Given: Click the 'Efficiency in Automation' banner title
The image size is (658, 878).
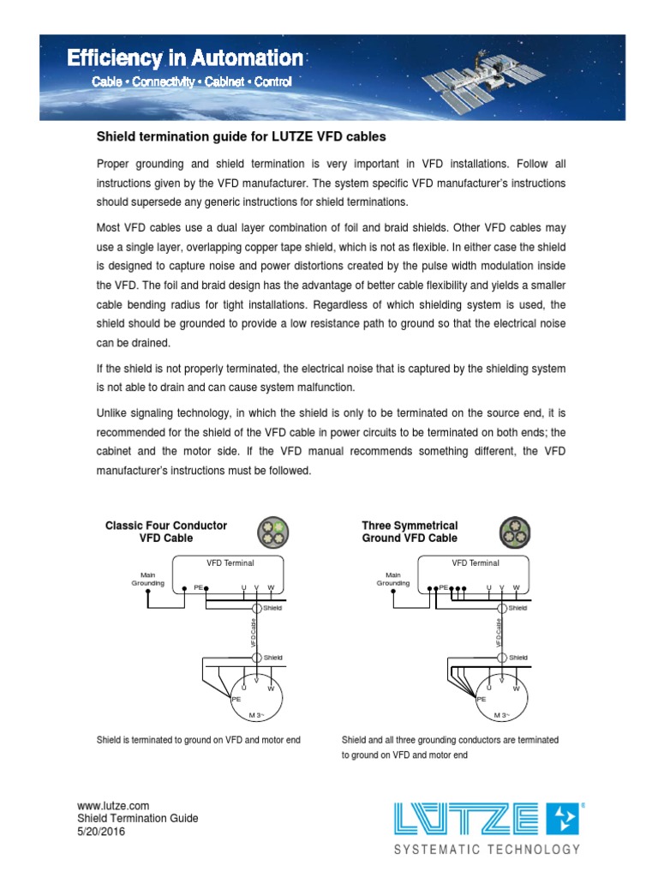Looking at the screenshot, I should pos(185,58).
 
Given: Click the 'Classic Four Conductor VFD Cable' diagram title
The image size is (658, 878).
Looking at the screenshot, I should pos(166,532).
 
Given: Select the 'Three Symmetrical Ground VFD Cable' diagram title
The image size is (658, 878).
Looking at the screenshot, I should pos(410,532).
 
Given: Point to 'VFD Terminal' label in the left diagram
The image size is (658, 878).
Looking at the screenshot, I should pos(230,563).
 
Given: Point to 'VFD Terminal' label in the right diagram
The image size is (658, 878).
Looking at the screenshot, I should pos(476,563).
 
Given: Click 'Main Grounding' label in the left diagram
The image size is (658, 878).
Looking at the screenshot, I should pos(147,579).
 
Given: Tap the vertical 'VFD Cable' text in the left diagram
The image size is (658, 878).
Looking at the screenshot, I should pos(254,632).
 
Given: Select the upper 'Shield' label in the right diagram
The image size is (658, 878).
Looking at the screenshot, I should pos(517,608).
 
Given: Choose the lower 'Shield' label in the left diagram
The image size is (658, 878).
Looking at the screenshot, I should pos(272,658).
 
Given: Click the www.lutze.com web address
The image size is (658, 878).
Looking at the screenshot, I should pos(113,806).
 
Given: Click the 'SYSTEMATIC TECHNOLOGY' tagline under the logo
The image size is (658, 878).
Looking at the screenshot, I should pos(487,850).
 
